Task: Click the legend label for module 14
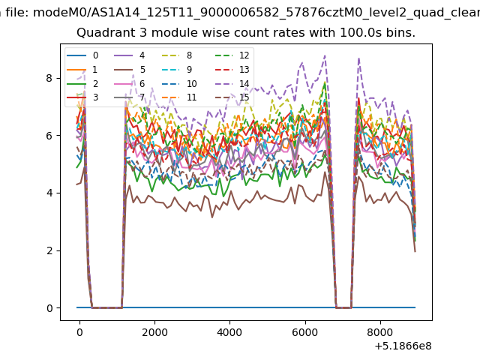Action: click(244, 83)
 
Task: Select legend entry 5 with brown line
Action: click(129, 70)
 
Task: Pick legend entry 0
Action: click(82, 55)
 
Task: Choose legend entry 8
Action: click(176, 55)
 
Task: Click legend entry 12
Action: click(232, 55)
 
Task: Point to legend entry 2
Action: click(82, 83)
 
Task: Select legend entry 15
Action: click(232, 97)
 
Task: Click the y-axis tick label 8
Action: click(49, 78)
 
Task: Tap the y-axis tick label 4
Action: click(49, 193)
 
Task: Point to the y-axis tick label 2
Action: click(49, 250)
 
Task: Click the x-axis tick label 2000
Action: click(154, 332)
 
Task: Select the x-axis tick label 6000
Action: click(305, 332)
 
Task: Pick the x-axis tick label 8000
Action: click(380, 332)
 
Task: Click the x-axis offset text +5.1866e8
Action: click(403, 346)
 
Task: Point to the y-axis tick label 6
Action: click(49, 136)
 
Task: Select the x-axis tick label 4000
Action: click(229, 332)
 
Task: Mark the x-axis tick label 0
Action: click(79, 332)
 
